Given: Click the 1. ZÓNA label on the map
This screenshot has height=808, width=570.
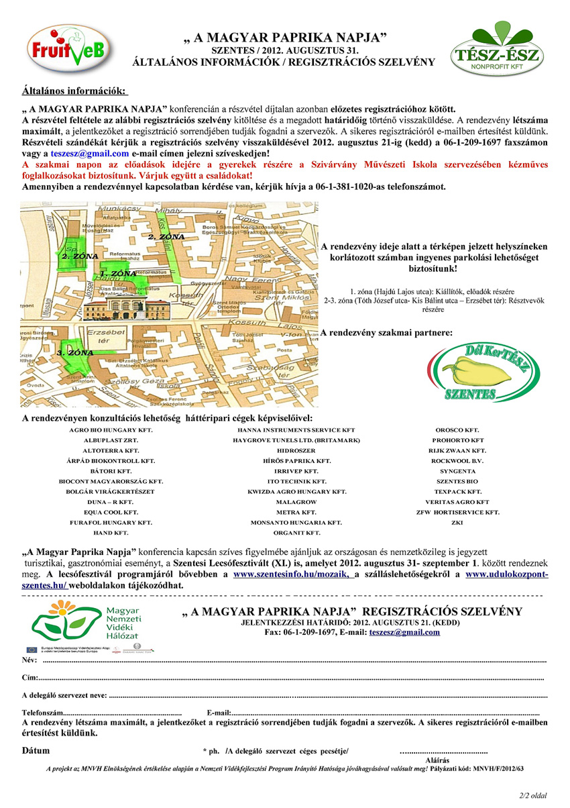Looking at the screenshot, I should (x=118, y=274).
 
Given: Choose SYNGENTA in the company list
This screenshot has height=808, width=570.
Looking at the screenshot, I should (x=457, y=471).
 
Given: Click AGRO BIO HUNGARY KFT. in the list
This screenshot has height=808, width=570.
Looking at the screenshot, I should (x=111, y=430).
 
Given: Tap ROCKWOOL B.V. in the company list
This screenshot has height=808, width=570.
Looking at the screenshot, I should (x=457, y=461).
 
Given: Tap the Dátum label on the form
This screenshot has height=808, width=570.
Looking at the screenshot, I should (x=36, y=749).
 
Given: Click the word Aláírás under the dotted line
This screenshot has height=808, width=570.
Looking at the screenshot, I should (x=437, y=759).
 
